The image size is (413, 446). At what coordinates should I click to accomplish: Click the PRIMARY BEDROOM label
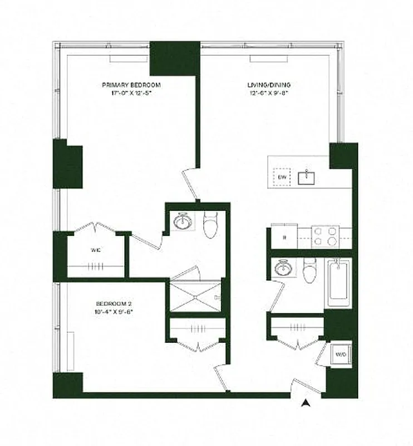pyautogui.click(x=131, y=85)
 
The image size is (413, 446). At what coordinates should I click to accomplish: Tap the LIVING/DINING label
pyautogui.click(x=269, y=85)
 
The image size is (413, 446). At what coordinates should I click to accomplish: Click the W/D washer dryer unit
pyautogui.click(x=340, y=353)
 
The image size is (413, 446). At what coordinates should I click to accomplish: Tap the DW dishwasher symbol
pyautogui.click(x=282, y=177)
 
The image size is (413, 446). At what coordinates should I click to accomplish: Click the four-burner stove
pyautogui.click(x=326, y=236)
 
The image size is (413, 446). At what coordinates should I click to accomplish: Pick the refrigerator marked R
pyautogui.click(x=284, y=237)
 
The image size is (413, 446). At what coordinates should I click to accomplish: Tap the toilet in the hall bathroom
pyautogui.click(x=310, y=272)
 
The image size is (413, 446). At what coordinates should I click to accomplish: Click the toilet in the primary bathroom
pyautogui.click(x=210, y=226)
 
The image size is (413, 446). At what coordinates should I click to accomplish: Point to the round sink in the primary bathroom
pyautogui.click(x=183, y=222)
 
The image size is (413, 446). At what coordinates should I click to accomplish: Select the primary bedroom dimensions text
pyautogui.click(x=131, y=93)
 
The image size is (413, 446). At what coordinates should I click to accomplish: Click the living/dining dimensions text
pyautogui.click(x=269, y=93)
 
